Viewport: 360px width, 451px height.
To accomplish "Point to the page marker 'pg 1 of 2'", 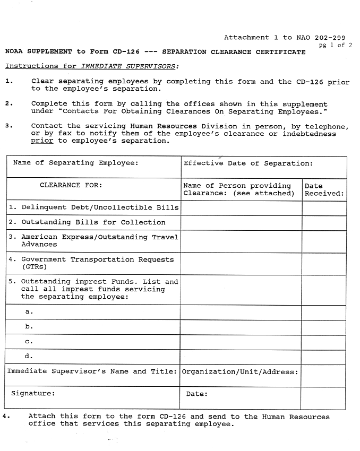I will (335, 45).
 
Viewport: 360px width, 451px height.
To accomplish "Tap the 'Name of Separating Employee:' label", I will (75, 162).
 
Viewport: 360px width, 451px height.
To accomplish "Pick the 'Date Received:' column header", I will (324, 189).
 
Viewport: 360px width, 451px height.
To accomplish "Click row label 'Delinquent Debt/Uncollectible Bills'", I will (93, 207).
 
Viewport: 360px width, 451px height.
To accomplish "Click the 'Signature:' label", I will (33, 394).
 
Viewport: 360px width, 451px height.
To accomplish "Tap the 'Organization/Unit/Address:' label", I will (239, 371).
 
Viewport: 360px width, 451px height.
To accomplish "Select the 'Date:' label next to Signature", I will (196, 394).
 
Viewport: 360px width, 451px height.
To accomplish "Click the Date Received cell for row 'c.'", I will (324, 342).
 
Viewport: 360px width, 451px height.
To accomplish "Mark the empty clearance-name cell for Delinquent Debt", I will (241, 208).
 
